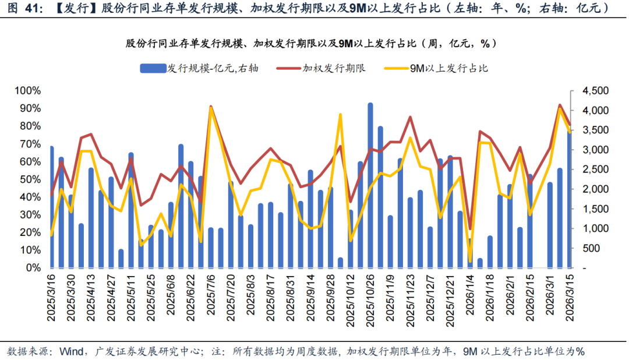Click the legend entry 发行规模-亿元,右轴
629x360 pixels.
pos(199,68)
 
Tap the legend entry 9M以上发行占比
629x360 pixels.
pos(436,68)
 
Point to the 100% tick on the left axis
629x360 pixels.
pos(28,91)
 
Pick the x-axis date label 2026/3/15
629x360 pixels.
pos(570,304)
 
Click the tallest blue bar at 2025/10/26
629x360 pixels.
pos(370,186)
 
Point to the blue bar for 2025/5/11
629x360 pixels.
pos(131,210)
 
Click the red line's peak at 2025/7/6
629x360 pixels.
pos(211,107)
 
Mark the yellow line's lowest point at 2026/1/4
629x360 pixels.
pos(470,260)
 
